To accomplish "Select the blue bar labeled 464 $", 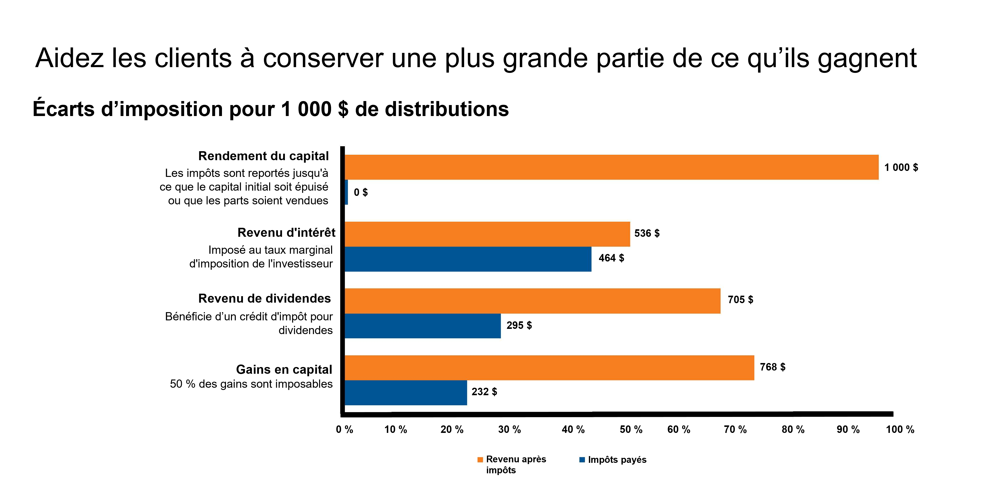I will coord(468,259).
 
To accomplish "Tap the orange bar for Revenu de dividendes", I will coord(532,301).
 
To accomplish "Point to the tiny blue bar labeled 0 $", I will coord(346,192).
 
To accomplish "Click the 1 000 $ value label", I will coord(901,167).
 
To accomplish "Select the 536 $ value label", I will coord(647,233).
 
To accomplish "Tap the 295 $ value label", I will coord(519,325).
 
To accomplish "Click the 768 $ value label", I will coord(773,367).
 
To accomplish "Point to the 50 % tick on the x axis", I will coord(631,429).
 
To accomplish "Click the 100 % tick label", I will coord(900,429).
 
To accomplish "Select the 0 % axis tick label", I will coord(344,429).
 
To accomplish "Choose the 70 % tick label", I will coord(735,429).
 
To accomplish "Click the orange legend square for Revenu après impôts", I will coord(480,460).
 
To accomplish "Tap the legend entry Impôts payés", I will coord(616,460).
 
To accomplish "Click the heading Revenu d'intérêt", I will coord(286,232).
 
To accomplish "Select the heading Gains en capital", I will coord(284,370).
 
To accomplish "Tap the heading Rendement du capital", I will coord(263,156).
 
